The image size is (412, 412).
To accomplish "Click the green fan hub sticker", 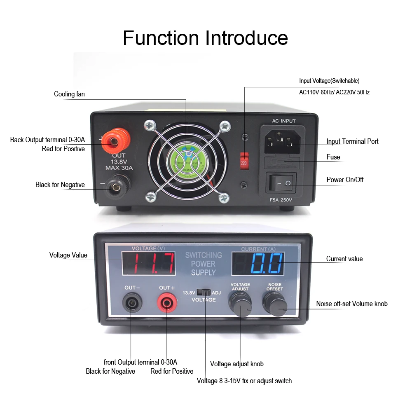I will coord(187,162).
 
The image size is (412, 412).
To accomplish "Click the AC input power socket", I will coord(281,141).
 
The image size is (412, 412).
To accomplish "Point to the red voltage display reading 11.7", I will coord(149,264).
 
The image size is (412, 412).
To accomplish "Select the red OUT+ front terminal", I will coord(167,304).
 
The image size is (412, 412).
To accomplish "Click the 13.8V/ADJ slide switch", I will coord(203,293).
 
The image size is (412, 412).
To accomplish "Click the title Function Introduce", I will coord(205,38).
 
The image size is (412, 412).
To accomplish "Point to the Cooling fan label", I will coord(69,94).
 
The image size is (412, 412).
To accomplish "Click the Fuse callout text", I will coord(333,157).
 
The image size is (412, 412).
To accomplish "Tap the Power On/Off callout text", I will coord(345,180).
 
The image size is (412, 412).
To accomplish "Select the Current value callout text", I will coord(344,259).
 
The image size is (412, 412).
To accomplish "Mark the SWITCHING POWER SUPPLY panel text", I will coord(203,264).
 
